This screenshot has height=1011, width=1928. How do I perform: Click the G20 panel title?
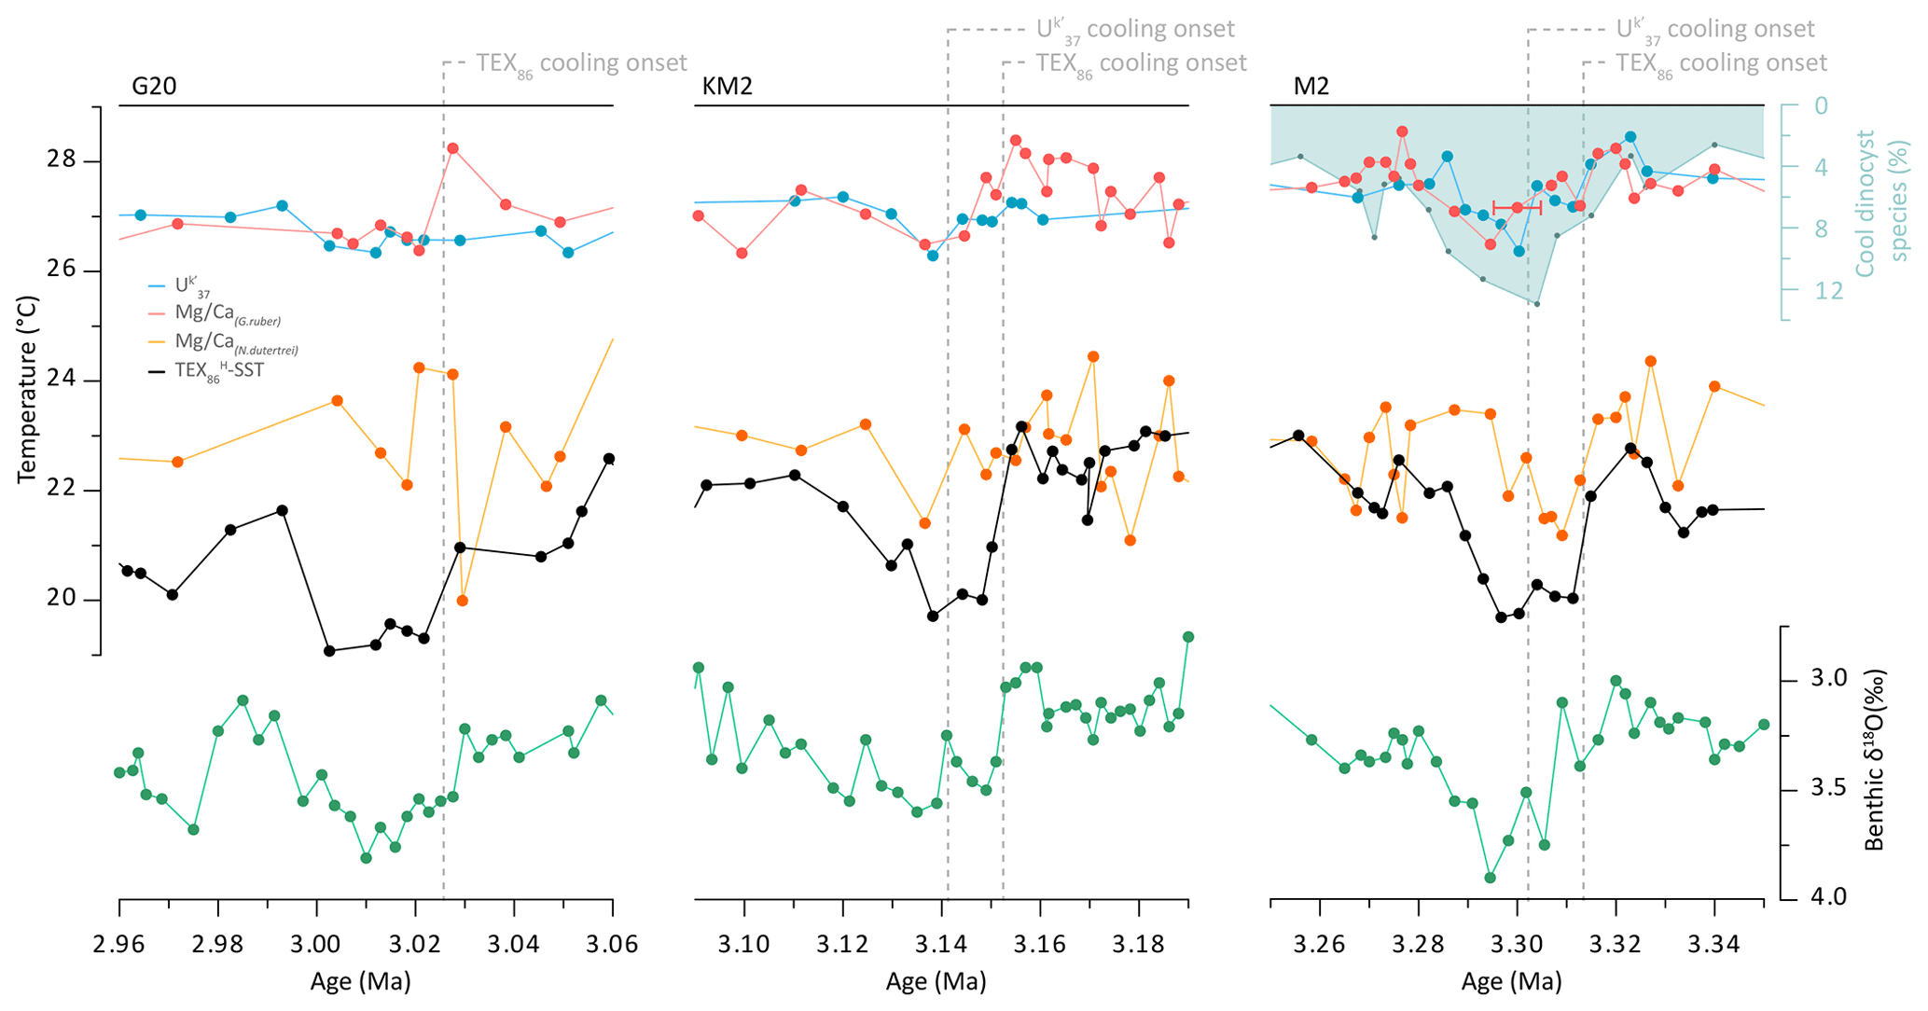pyautogui.click(x=154, y=87)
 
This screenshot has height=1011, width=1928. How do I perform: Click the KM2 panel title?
pyautogui.click(x=727, y=87)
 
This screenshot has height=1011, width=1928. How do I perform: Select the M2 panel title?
pyautogui.click(x=1311, y=87)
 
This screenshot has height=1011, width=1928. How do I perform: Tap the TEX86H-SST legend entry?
pyautogui.click(x=218, y=371)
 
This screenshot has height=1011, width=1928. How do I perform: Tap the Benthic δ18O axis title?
pyautogui.click(x=1875, y=760)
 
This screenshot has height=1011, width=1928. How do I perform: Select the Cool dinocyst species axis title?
pyautogui.click(x=1879, y=203)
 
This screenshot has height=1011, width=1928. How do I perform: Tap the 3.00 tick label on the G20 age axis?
pyautogui.click(x=316, y=945)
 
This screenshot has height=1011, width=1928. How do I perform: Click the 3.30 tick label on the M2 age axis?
pyautogui.click(x=1517, y=945)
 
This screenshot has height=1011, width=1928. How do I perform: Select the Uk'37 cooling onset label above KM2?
pyautogui.click(x=1135, y=30)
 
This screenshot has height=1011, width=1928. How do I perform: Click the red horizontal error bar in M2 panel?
pyautogui.click(x=1517, y=207)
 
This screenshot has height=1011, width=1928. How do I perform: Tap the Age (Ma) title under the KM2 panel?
pyautogui.click(x=936, y=981)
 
